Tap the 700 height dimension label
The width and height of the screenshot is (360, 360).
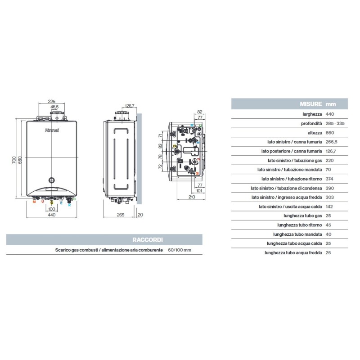click(14, 160)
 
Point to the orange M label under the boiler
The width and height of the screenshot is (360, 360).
click(34, 202)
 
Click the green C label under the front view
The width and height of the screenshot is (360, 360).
click(75, 198)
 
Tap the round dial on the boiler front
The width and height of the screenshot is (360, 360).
click(52, 179)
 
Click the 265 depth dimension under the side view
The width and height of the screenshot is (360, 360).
click(120, 216)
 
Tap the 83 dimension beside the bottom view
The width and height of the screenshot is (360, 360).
click(159, 146)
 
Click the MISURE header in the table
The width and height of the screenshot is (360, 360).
click(310, 104)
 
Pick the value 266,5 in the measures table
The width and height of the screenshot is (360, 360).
click(332, 142)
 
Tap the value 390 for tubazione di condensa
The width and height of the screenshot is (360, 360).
click(329, 188)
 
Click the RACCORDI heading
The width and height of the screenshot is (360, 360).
click(150, 240)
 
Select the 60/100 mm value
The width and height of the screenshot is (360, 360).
click(180, 250)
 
